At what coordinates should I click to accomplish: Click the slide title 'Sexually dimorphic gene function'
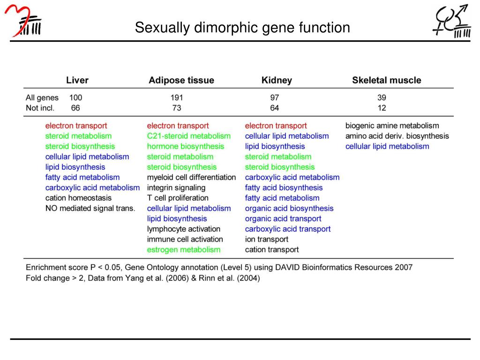point(242,28)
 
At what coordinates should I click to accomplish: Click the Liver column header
point(77,80)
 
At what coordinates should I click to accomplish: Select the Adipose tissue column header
point(181,80)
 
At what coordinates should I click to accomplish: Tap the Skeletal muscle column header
point(386,80)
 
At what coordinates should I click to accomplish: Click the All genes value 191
point(177,98)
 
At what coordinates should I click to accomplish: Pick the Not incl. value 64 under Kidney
point(274,108)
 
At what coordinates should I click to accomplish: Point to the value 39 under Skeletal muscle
point(382,98)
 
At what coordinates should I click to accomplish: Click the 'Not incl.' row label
point(40,108)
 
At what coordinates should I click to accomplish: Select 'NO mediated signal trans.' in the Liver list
point(90,208)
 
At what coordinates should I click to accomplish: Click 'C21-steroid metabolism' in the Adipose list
point(189,136)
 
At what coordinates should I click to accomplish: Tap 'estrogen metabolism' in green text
point(183,249)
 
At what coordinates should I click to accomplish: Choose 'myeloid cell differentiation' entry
point(191,177)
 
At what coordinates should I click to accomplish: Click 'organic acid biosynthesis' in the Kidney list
point(289,208)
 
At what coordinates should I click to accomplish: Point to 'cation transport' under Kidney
point(271,249)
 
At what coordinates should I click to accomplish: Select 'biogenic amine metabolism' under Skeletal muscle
point(392,126)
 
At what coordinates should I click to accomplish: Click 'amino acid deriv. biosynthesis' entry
point(397,136)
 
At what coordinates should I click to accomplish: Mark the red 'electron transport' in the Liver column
point(76,126)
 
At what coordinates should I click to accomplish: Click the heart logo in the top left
point(23,21)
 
